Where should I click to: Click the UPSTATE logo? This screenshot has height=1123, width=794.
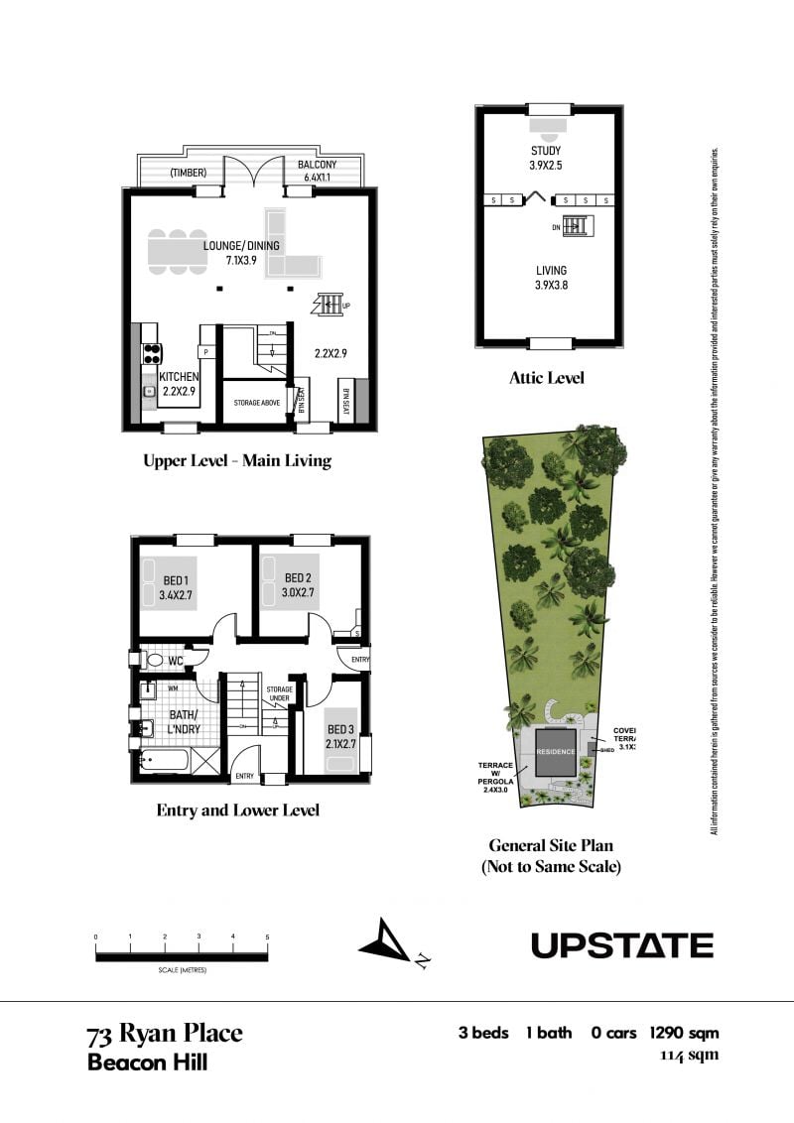[621, 945]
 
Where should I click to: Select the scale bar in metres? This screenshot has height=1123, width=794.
[182, 956]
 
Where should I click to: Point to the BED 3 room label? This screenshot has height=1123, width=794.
[340, 735]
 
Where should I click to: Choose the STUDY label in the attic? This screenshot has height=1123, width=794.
[546, 158]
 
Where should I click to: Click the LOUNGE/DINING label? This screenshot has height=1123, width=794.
[241, 253]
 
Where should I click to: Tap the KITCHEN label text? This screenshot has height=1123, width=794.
[180, 384]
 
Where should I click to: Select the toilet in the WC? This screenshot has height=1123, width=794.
[155, 659]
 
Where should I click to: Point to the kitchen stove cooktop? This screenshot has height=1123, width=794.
[153, 354]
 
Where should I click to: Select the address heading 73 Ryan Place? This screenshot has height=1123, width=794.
[165, 1034]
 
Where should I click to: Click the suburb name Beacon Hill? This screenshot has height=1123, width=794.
[148, 1062]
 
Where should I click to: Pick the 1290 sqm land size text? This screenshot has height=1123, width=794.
[684, 1033]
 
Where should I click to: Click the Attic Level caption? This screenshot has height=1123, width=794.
[546, 377]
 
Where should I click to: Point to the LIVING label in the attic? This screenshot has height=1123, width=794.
[550, 277]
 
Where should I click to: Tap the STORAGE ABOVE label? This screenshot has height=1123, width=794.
[256, 403]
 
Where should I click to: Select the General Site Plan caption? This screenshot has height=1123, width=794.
[550, 855]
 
